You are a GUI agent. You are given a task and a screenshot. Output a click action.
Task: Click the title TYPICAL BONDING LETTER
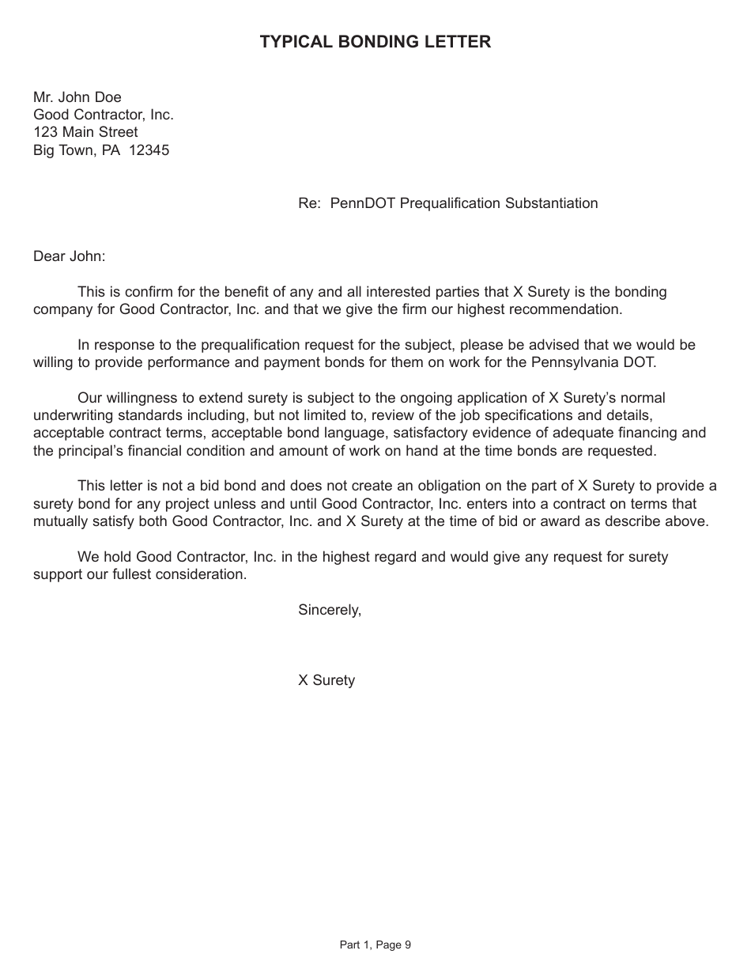(x=375, y=42)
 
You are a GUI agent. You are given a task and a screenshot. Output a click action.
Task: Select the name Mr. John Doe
(x=77, y=97)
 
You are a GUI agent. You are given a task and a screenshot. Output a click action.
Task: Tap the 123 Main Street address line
(x=85, y=132)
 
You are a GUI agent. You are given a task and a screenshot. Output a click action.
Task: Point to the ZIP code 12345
(x=149, y=150)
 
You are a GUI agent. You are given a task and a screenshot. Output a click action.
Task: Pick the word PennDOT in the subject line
(x=363, y=203)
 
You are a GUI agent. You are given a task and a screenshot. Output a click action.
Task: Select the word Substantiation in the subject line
(x=548, y=203)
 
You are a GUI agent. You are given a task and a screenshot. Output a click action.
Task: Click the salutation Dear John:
(x=69, y=256)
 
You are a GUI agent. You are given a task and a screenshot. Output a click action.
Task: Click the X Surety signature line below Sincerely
(x=326, y=680)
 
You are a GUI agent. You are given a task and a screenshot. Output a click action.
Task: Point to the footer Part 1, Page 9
(x=375, y=945)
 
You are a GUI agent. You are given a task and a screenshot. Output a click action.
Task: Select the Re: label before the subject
(x=309, y=203)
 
